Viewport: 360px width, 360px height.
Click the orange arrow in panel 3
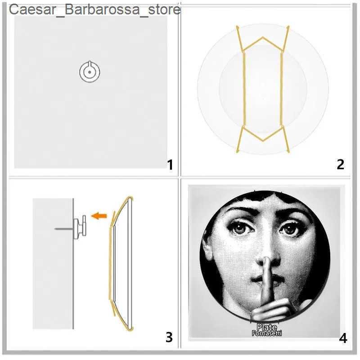point(99,216)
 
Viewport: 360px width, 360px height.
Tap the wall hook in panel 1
point(90,71)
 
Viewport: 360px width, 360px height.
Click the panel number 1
point(170,165)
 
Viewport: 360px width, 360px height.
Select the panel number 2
point(340,164)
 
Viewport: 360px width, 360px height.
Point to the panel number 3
point(169,337)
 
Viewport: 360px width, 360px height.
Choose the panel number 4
point(343,338)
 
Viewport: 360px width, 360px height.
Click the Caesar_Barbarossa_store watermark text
point(94,9)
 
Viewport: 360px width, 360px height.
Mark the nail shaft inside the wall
point(63,229)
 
